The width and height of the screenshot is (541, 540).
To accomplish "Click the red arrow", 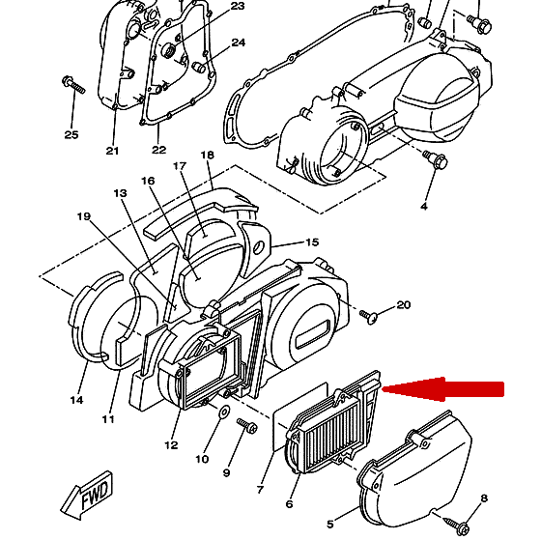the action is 443,389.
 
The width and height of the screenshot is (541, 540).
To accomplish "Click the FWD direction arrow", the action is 87,494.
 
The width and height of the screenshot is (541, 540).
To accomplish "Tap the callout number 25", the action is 71,134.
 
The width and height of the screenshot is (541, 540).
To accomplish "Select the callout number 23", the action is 238,6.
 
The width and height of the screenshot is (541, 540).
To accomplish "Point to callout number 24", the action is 238,43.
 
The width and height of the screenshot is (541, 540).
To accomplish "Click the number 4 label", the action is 424,207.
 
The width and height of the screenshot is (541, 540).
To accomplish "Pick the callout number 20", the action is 404,304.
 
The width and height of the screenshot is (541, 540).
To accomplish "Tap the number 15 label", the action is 312,242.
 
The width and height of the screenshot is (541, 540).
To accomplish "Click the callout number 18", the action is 208,155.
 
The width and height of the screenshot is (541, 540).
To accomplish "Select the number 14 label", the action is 76,400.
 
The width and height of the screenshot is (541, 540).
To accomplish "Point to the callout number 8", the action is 484,497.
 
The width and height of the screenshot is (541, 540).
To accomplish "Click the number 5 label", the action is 330,525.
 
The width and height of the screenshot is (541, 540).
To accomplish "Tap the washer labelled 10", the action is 225,412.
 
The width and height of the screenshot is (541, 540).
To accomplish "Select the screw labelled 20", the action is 368,317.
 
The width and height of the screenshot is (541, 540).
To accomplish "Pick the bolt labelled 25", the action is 73,85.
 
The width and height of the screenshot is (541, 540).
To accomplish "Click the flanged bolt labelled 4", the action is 436,159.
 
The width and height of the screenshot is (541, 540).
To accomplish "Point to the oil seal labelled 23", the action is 170,50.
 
